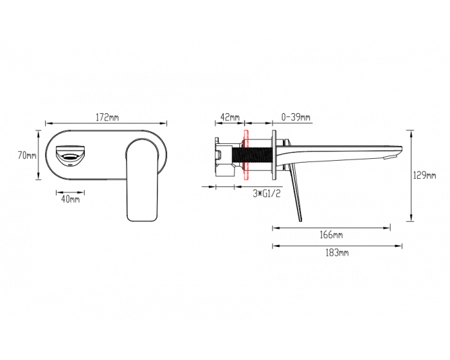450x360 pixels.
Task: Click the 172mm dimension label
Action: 107,117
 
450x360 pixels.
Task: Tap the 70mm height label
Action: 27,156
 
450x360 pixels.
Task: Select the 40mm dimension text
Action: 70,199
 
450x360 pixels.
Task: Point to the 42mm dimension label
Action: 230,117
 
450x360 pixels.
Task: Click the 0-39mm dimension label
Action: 296,117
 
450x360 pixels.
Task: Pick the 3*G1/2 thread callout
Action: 266,194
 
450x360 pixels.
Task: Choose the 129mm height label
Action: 424,175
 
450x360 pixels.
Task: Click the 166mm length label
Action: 331,235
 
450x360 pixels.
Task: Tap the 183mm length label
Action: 337,253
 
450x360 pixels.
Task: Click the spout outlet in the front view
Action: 70,156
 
